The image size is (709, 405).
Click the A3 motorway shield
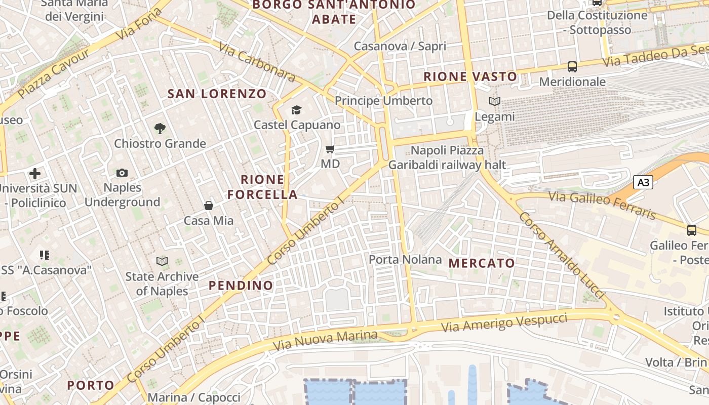pos(643,182)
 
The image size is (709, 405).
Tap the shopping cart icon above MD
pos(330,149)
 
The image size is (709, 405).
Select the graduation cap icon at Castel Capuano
pos(296,110)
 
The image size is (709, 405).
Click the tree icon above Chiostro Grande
pos(160,129)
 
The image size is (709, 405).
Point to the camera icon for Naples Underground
pos(122,173)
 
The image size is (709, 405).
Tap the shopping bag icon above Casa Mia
pos(208,206)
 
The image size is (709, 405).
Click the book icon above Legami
pos(495,102)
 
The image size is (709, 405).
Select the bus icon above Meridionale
pos(572,66)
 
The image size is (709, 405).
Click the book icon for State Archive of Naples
pos(162,262)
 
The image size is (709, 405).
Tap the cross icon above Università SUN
pos(35,174)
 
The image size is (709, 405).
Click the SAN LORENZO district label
pos(217,94)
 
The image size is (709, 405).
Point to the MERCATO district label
pos(482,263)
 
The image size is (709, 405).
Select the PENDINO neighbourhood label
pos(241,286)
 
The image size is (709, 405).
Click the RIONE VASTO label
pos(470,77)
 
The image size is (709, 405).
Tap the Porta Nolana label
pos(405,260)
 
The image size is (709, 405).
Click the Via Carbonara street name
pos(257,62)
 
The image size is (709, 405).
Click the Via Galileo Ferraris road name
pos(602,206)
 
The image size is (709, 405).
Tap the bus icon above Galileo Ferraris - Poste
pos(692,230)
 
